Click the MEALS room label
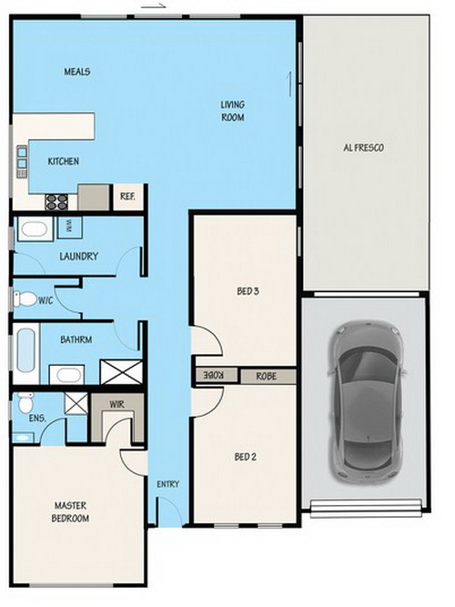pos(77,72)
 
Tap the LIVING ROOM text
pos(233,111)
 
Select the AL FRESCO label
pos(364,147)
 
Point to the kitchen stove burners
pos(56,202)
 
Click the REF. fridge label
pos(127,197)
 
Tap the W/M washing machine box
pos(70,228)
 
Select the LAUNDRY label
pos(78,256)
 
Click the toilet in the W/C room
pos(25,298)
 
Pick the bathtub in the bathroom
pos(26,350)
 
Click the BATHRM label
pos(76,339)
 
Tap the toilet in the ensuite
pos(26,402)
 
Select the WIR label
pos(116,405)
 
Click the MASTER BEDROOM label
pos(70,511)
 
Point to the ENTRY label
pos(168,484)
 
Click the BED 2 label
pos(245,457)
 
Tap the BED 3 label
pos(248,291)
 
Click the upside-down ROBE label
pos(215,375)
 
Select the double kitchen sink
pos(22,161)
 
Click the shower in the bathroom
pos(121,371)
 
